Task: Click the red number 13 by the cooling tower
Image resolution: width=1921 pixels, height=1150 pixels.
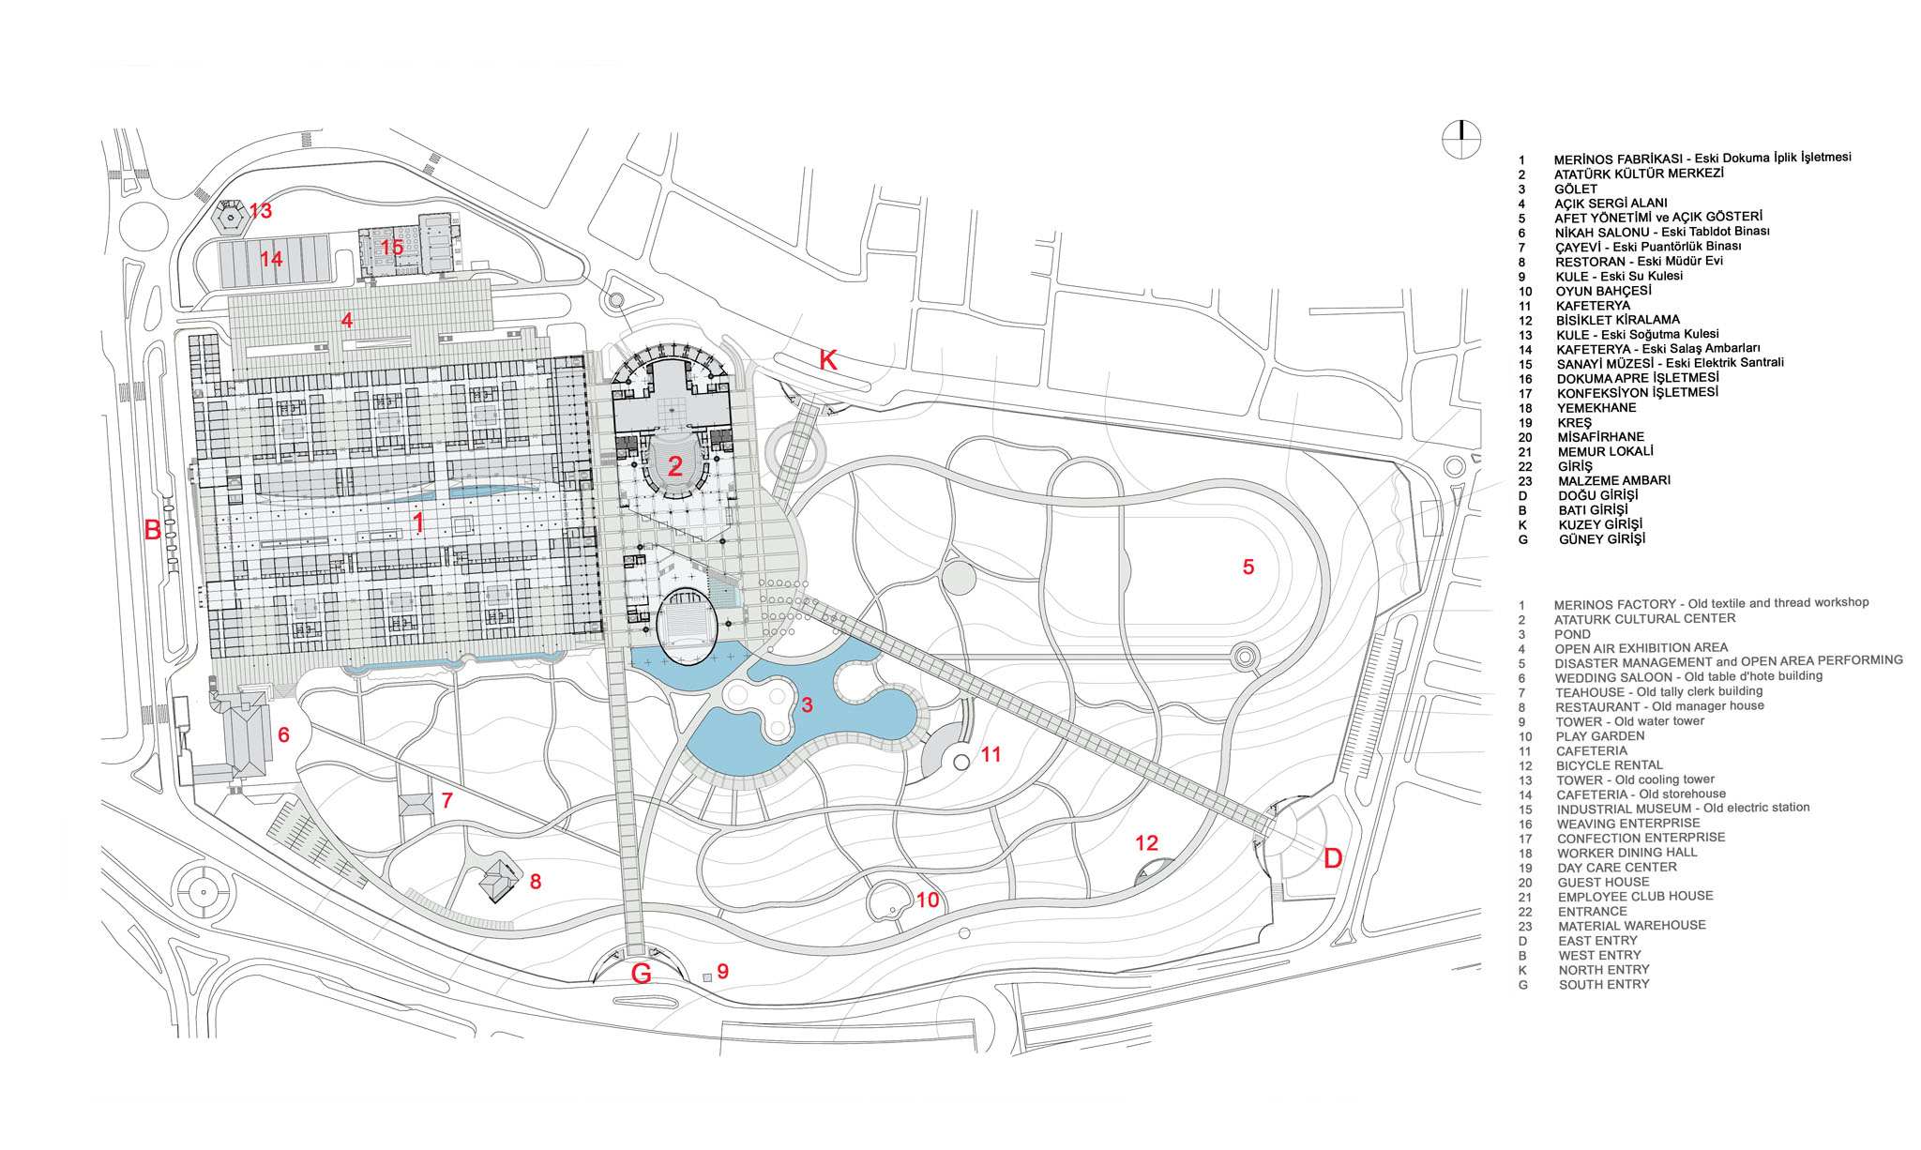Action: pyautogui.click(x=261, y=211)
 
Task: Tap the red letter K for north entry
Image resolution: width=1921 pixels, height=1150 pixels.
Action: pyautogui.click(x=828, y=360)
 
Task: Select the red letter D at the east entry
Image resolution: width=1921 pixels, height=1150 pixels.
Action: pyautogui.click(x=1333, y=857)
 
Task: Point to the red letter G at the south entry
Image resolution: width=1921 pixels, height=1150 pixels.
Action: pyautogui.click(x=642, y=974)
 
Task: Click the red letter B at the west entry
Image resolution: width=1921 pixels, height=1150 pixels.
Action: pyautogui.click(x=153, y=530)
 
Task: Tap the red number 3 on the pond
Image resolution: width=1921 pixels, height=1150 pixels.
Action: pyautogui.click(x=807, y=704)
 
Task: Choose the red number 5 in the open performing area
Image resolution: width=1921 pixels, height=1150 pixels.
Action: pyautogui.click(x=1248, y=567)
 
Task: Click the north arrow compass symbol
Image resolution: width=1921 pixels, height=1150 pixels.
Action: pyautogui.click(x=1461, y=140)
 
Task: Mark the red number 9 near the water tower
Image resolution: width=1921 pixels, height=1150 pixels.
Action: pyautogui.click(x=723, y=972)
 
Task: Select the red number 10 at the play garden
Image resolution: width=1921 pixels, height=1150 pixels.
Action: pyautogui.click(x=928, y=900)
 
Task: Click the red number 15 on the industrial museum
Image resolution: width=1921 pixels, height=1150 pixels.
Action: pyautogui.click(x=392, y=248)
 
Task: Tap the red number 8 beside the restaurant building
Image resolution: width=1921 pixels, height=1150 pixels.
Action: pyautogui.click(x=536, y=882)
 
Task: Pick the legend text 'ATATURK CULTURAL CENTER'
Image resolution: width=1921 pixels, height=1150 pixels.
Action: pyautogui.click(x=1644, y=619)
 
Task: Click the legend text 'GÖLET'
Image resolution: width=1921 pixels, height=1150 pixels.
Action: pyautogui.click(x=1575, y=189)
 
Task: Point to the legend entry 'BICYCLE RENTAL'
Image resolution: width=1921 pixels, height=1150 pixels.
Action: pyautogui.click(x=1611, y=765)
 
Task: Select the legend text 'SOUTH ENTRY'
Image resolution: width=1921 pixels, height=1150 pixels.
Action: pyautogui.click(x=1604, y=984)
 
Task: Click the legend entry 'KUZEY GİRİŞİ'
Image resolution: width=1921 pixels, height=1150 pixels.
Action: pyautogui.click(x=1600, y=524)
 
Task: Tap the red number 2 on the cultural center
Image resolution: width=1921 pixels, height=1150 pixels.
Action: pyautogui.click(x=675, y=465)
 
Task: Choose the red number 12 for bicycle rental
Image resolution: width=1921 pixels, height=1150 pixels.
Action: pyautogui.click(x=1146, y=843)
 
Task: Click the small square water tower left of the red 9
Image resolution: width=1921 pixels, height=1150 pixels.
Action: pyautogui.click(x=706, y=977)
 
